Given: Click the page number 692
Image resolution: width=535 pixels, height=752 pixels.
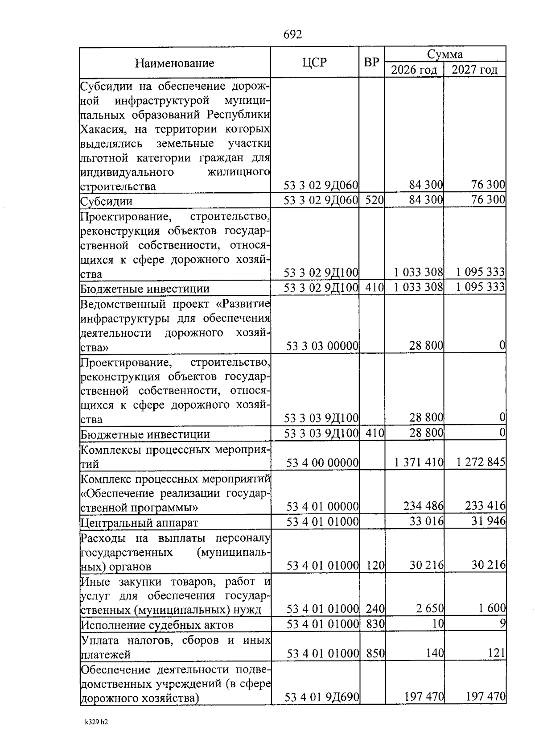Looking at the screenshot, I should pos(292,35).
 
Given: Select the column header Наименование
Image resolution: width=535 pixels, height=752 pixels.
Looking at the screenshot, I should pos(174,63).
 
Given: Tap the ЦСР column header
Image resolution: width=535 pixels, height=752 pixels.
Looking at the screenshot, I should pos(314,62).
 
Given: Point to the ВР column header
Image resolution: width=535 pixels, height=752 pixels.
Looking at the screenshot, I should pos(371,62).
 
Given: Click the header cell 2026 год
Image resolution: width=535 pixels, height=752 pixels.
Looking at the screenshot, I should pos(414,70).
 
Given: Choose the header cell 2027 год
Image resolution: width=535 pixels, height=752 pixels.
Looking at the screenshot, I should pos(474,70).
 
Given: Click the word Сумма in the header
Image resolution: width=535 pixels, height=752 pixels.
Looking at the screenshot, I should pos(444,54).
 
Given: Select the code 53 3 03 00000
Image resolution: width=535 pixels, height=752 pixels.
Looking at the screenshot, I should pos(322,346).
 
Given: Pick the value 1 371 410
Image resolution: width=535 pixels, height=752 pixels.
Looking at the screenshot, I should pos(418,463).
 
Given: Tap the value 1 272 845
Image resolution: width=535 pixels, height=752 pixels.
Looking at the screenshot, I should pos(480,463).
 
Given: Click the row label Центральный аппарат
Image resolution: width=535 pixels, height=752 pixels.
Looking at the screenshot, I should pos(139,522).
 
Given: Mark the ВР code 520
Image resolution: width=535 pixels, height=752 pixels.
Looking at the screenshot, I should pos(374,200).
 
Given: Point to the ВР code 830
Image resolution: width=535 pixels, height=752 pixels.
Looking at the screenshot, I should pos(375,624).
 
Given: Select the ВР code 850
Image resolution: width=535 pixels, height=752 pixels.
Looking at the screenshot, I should pos(375,654).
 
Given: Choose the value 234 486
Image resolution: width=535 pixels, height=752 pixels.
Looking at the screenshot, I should pos(423,506).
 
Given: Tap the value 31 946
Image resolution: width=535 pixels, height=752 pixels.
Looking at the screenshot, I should pos(488,521).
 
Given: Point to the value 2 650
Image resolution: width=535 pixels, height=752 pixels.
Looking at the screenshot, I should pos(430,608).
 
